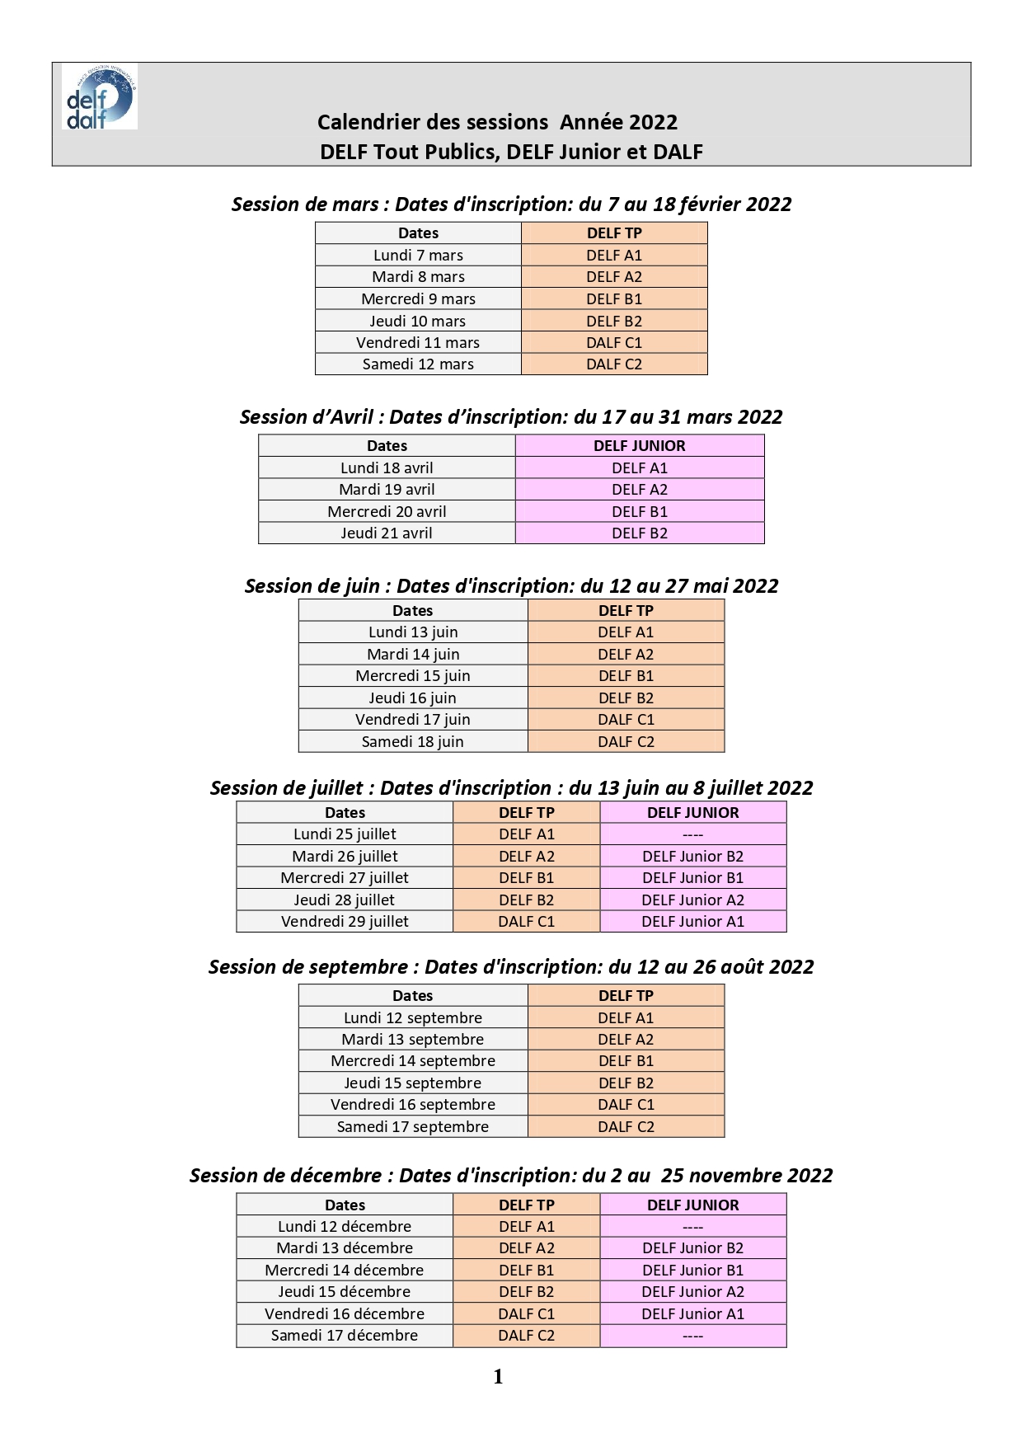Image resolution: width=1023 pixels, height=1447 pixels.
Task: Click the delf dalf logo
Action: pos(100,96)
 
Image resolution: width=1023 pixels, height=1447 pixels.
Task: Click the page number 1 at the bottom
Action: pos(498,1376)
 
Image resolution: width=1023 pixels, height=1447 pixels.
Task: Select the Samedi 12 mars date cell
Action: pos(418,364)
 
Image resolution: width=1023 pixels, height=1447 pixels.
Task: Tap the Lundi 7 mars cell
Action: pos(418,256)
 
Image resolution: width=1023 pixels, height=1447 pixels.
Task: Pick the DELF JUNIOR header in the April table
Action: pos(640,446)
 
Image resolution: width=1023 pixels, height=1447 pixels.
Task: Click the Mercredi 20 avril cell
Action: pos(387,511)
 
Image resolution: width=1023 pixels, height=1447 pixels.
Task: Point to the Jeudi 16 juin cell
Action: pos(412,698)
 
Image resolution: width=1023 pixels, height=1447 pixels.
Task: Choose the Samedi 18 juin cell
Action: pos(412,741)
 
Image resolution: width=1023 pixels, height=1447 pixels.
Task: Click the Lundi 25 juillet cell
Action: pos(345,834)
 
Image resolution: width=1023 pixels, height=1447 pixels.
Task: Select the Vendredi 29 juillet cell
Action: pos(345,922)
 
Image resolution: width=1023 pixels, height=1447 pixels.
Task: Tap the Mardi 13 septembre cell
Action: pos(412,1040)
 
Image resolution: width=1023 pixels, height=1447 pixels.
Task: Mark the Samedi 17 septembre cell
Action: pos(412,1126)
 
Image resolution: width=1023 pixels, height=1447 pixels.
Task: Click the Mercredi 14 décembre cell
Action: pos(345,1271)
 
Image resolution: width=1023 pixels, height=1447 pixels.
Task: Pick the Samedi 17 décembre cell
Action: pos(345,1336)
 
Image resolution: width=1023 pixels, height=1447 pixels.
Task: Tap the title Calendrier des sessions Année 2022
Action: pos(498,123)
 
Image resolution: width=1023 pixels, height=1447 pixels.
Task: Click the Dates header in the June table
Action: pos(412,611)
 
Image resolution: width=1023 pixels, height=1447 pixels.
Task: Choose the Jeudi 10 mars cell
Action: pos(418,321)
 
